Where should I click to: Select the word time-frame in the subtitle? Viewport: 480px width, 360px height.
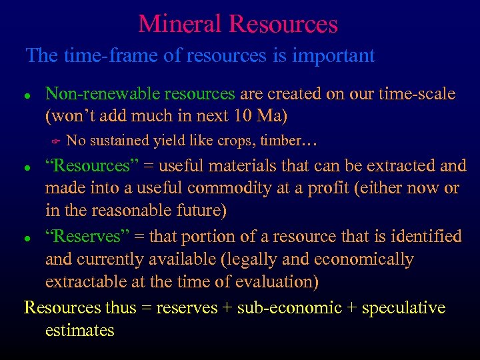(x=99, y=55)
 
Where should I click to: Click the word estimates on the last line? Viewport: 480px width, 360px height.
(x=79, y=330)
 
